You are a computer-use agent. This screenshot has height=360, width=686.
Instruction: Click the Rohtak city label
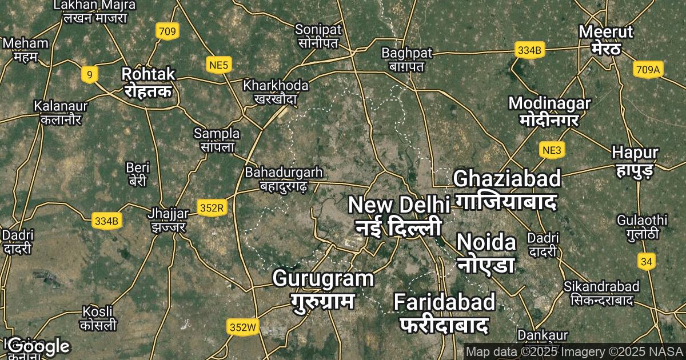pos(148,82)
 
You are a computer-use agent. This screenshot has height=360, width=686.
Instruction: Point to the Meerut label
pos(606,39)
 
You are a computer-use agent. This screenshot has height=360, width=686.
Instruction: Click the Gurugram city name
pos(323,289)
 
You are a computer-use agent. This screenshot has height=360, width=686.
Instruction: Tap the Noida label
pos(486,253)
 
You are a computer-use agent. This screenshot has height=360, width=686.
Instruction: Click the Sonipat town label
pos(318,35)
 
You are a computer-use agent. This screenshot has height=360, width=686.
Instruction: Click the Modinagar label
pos(549,111)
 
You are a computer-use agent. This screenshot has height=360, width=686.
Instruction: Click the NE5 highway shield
pos(219,66)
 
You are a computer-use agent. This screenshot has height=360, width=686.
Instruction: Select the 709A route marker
pos(648,70)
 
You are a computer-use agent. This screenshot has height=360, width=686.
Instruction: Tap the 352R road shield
pos(212,207)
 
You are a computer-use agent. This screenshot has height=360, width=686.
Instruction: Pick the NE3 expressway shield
pos(553,150)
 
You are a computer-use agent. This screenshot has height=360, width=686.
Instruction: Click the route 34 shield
pos(647,262)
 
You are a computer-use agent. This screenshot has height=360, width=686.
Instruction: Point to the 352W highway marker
pos(242,327)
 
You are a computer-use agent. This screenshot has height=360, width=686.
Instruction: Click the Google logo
pos(39,346)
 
